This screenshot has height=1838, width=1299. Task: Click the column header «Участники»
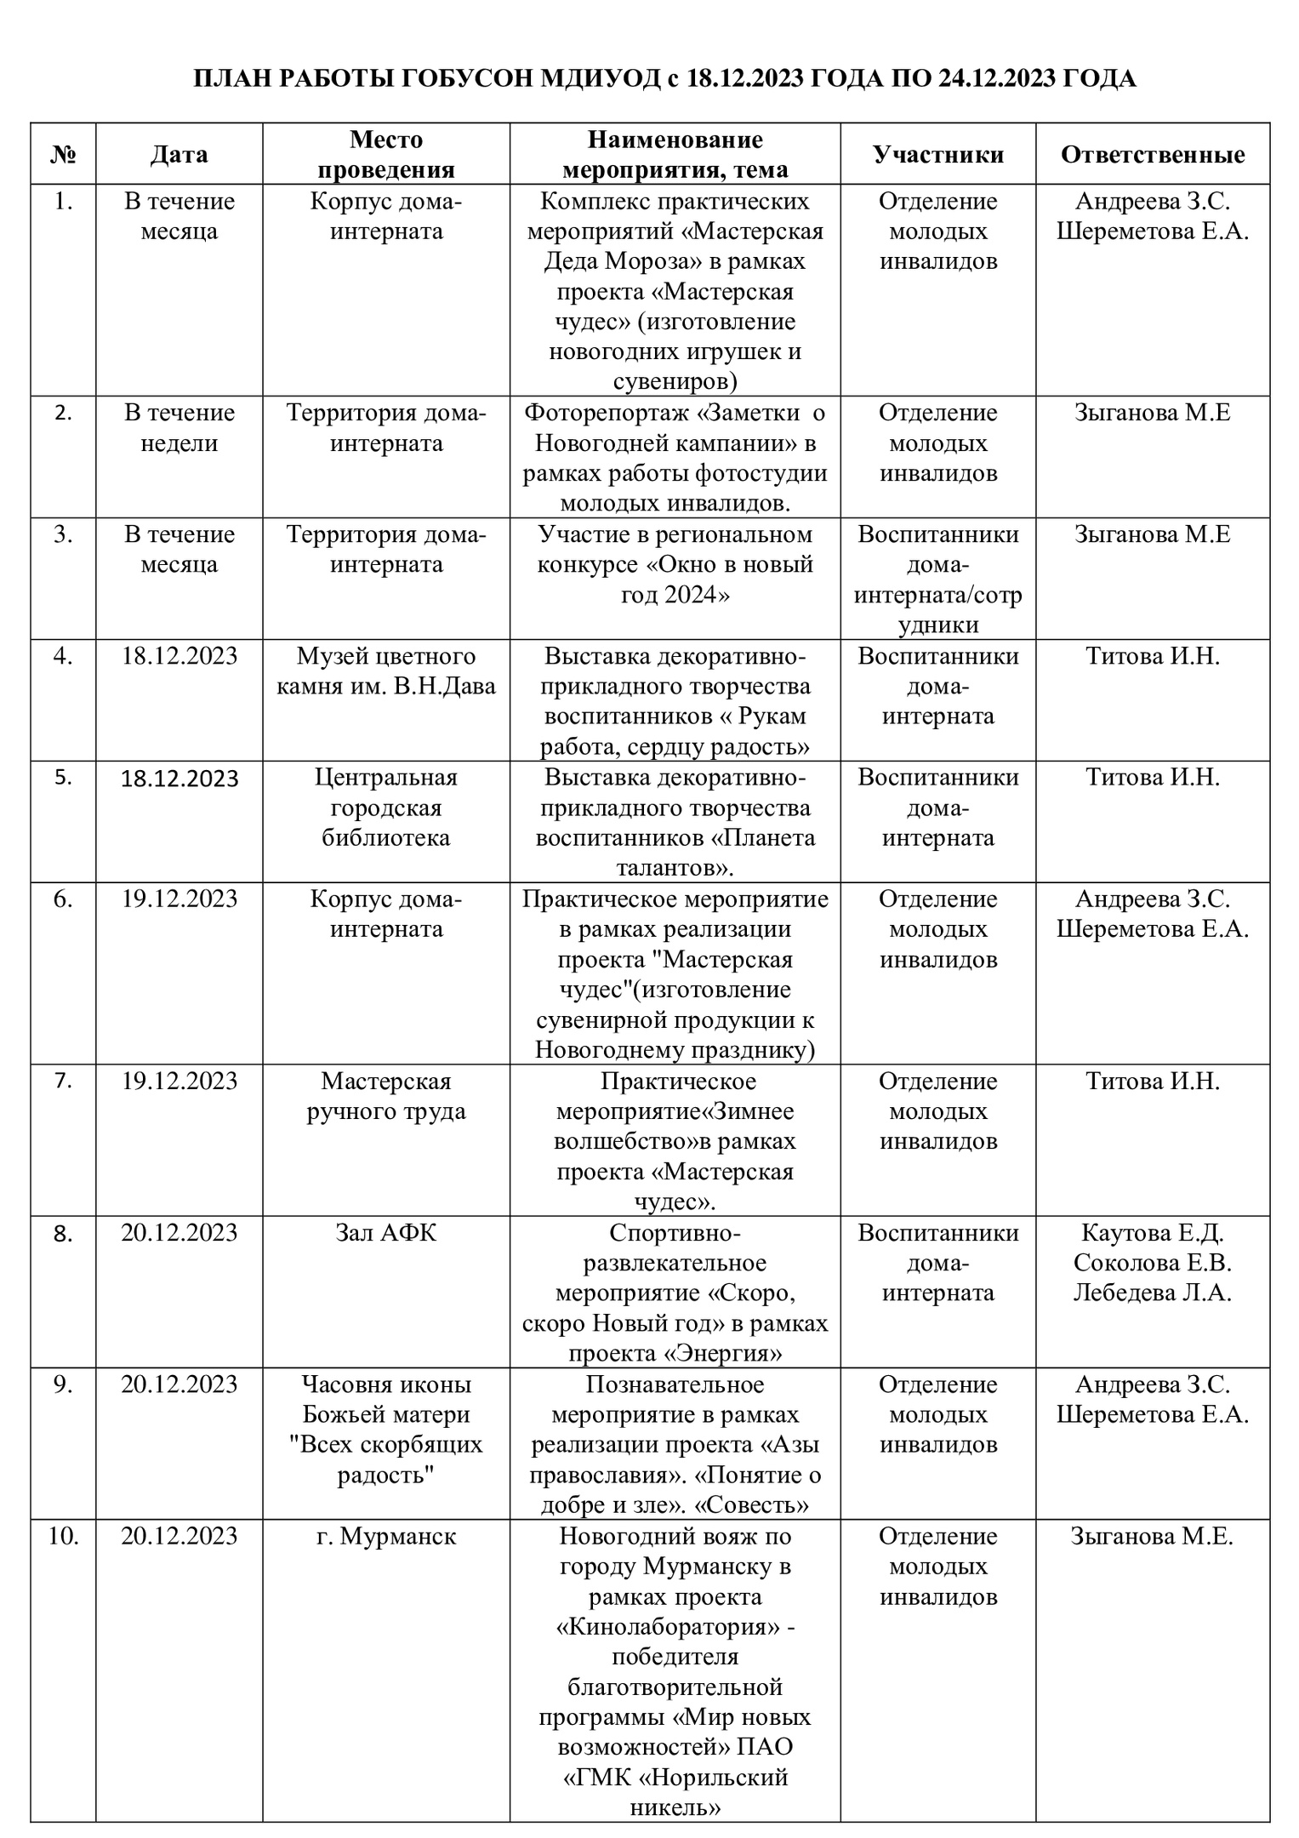click(937, 154)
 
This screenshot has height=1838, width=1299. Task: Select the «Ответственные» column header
click(1152, 154)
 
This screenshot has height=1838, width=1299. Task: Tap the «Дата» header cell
click(179, 154)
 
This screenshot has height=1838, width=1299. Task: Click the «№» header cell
click(63, 154)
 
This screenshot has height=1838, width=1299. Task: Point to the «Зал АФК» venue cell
click(386, 1232)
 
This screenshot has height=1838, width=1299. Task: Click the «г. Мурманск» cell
click(386, 1537)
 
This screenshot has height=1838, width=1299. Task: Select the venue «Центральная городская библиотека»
click(386, 808)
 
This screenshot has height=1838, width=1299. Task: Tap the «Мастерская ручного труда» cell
click(386, 1096)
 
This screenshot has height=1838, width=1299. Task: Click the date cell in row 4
click(179, 656)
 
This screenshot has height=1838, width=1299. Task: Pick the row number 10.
click(63, 1537)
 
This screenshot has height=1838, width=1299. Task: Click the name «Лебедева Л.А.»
click(1152, 1293)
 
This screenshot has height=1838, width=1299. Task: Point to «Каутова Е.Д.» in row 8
click(1152, 1232)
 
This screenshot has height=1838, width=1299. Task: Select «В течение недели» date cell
click(179, 428)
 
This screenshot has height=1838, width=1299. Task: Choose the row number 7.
click(63, 1081)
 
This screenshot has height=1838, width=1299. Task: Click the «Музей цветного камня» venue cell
click(386, 671)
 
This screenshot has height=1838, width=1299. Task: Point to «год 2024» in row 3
click(675, 595)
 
